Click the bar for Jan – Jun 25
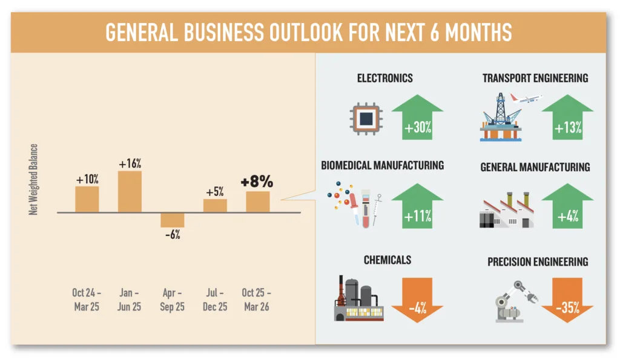[x=130, y=192]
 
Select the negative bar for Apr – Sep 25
[x=172, y=220]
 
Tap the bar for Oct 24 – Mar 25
[x=87, y=199]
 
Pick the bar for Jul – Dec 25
[x=215, y=206]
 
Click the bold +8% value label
[x=257, y=182]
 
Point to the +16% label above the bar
[x=130, y=163]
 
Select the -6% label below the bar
[x=172, y=235]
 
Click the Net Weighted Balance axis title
[x=34, y=179]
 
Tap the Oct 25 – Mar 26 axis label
[x=257, y=299]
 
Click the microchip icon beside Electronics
[x=366, y=119]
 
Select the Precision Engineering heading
[x=538, y=262]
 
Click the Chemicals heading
[x=387, y=260]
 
